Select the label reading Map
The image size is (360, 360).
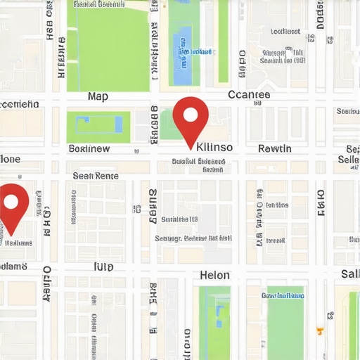[98, 96]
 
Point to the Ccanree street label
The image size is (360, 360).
[249, 95]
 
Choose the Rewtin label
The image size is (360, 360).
[275, 148]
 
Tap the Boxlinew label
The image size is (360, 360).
[89, 148]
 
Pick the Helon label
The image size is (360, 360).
[214, 275]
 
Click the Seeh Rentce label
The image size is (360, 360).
[96, 176]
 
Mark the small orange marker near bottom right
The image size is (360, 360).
[320, 330]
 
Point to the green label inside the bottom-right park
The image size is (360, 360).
[283, 296]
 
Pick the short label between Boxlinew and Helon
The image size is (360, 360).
[103, 267]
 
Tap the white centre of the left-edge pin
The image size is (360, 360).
[11, 202]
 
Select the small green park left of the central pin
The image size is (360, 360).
[169, 125]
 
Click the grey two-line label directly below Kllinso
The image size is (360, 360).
[199, 165]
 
